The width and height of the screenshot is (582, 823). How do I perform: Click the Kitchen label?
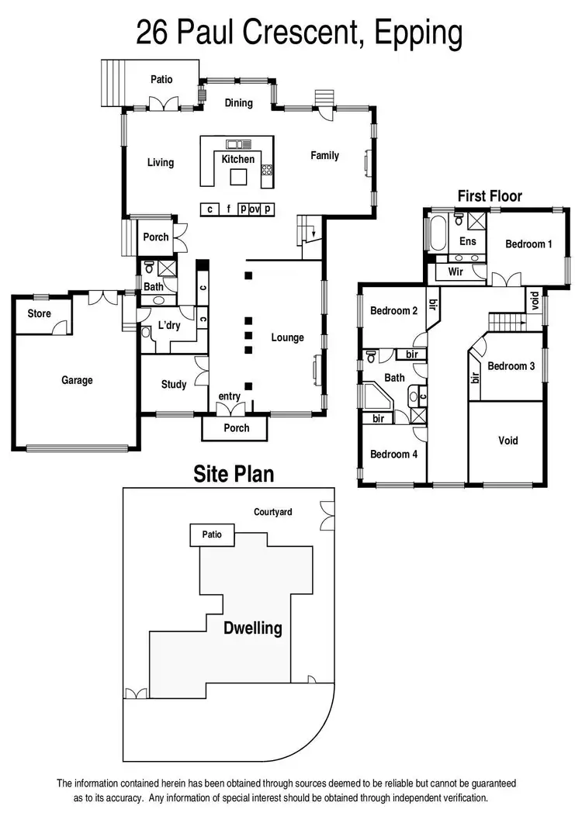point(238,159)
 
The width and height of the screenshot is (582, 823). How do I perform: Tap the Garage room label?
point(77,380)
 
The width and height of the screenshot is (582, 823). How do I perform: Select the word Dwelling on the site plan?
point(254,628)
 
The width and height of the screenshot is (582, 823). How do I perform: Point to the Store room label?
point(39,313)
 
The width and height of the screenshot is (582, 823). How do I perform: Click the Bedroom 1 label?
point(528,244)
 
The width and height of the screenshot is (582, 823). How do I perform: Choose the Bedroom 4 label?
point(393,454)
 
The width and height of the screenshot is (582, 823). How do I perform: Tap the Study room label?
point(174,384)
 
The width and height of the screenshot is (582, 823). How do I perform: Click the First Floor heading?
point(490,196)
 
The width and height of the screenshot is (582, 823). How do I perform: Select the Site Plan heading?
point(234,474)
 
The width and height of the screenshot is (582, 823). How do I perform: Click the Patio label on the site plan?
point(212,534)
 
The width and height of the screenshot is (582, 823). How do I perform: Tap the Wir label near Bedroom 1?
point(456,271)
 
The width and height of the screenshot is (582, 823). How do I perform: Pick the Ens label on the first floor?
point(468,241)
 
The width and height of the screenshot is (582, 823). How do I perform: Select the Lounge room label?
point(287,337)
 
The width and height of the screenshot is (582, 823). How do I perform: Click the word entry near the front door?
point(229,396)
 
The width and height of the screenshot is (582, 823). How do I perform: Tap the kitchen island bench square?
point(238,178)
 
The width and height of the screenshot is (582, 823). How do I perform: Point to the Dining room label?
point(238,102)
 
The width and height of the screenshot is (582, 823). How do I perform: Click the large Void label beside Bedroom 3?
point(508,441)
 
